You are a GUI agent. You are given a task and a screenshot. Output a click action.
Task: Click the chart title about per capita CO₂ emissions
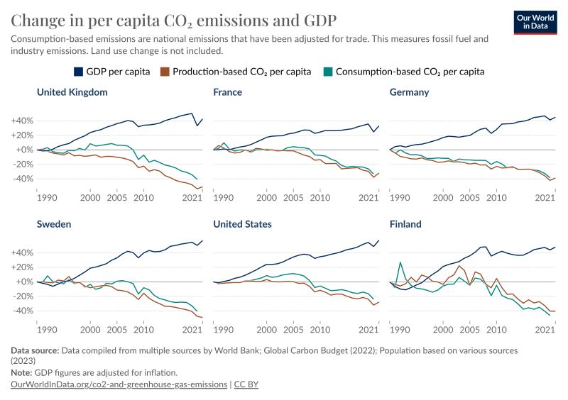(174, 19)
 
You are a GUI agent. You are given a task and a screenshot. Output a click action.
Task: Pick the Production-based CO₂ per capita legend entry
(241, 72)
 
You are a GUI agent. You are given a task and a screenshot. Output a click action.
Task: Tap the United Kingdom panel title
(72, 92)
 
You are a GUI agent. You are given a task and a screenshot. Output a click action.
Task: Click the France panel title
(228, 92)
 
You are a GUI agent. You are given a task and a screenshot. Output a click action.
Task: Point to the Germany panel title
(410, 92)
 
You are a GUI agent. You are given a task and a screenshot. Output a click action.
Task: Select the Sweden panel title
(54, 224)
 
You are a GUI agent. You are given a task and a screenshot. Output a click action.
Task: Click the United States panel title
(242, 224)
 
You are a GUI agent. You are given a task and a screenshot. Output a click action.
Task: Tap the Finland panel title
(406, 224)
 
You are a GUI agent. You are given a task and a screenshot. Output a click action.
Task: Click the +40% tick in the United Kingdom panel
(22, 121)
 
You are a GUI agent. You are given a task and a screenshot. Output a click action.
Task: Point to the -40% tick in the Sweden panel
(22, 311)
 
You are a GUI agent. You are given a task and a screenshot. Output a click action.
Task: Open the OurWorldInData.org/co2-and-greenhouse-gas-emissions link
(118, 384)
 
